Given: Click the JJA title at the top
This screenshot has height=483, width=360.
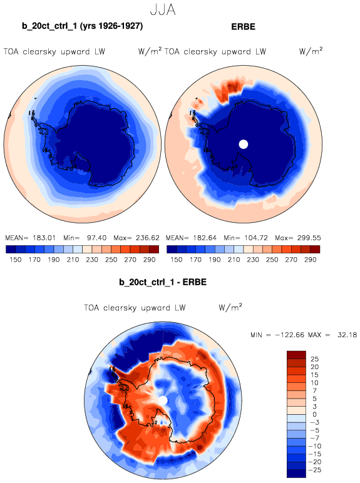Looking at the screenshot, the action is click(163, 10).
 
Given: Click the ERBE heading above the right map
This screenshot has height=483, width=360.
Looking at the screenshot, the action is click(243, 27).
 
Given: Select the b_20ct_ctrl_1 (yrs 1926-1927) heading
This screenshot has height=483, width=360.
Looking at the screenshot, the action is click(82, 26).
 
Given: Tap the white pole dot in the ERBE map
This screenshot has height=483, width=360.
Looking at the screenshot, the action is click(244, 144).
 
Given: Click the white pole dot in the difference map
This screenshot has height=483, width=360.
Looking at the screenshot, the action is click(163, 400).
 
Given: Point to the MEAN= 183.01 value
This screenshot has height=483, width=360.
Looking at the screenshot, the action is click(31, 238).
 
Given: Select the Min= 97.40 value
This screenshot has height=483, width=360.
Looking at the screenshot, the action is click(85, 238).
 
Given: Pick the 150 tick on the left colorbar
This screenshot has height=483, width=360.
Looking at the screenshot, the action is click(16, 260).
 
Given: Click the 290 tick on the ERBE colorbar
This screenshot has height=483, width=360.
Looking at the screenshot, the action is click(310, 260).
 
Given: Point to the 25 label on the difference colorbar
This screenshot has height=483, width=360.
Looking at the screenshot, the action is click(314, 359).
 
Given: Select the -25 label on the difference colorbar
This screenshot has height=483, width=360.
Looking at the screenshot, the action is click(315, 470).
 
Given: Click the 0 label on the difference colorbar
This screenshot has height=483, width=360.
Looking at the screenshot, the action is click(314, 414).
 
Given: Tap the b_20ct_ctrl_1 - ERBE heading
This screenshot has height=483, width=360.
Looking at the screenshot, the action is click(163, 282).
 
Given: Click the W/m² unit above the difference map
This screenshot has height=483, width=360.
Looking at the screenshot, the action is click(230, 307).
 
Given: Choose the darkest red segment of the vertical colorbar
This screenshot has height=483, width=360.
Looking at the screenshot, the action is click(296, 355).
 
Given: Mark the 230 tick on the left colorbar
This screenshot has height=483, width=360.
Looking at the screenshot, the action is click(92, 260).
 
